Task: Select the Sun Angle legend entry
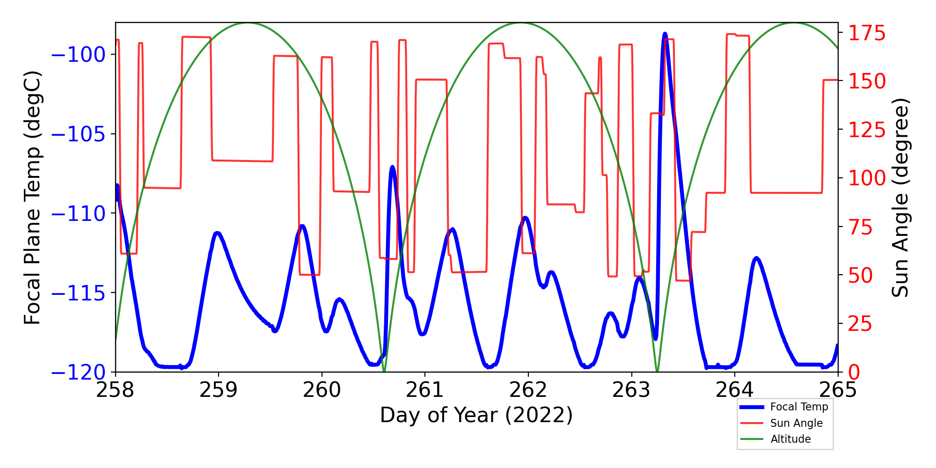[x=796, y=423]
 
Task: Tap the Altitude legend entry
[x=790, y=439]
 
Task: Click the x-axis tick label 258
[x=115, y=390]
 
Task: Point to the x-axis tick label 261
[x=425, y=390]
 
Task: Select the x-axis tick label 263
[x=631, y=390]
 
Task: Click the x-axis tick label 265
[x=838, y=390]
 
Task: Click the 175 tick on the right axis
[x=867, y=34]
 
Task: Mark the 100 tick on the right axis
[x=867, y=178]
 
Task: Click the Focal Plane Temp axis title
[x=32, y=197]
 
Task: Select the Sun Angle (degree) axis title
[x=900, y=197]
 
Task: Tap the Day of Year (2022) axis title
[x=476, y=415]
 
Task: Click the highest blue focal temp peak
[x=665, y=34]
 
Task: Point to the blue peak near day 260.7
[x=392, y=167]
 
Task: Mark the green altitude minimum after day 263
[x=657, y=371]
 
